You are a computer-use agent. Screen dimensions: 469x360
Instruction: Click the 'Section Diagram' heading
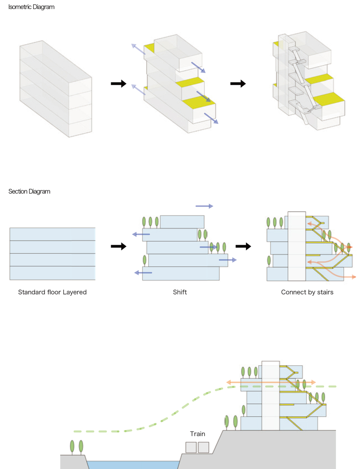(x=29, y=191)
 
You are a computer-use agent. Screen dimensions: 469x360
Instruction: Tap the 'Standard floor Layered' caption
(x=52, y=292)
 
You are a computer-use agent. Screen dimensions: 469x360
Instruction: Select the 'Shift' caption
(x=180, y=292)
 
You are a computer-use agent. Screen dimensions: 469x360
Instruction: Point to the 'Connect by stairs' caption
(x=307, y=292)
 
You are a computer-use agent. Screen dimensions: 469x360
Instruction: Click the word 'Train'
(x=198, y=434)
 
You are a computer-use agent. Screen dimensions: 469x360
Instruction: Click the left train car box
(x=191, y=447)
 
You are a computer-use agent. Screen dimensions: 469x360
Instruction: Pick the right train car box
(x=203, y=447)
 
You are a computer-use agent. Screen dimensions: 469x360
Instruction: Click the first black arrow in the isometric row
(x=119, y=83)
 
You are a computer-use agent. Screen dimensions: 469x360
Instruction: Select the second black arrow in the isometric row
(x=238, y=83)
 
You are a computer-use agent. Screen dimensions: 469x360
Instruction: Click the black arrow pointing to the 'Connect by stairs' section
(x=243, y=246)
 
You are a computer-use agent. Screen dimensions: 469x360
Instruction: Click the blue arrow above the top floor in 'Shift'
(x=204, y=206)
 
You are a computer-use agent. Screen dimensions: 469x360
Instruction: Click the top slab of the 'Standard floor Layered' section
(x=52, y=234)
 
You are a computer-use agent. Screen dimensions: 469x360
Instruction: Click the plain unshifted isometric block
(x=55, y=89)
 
